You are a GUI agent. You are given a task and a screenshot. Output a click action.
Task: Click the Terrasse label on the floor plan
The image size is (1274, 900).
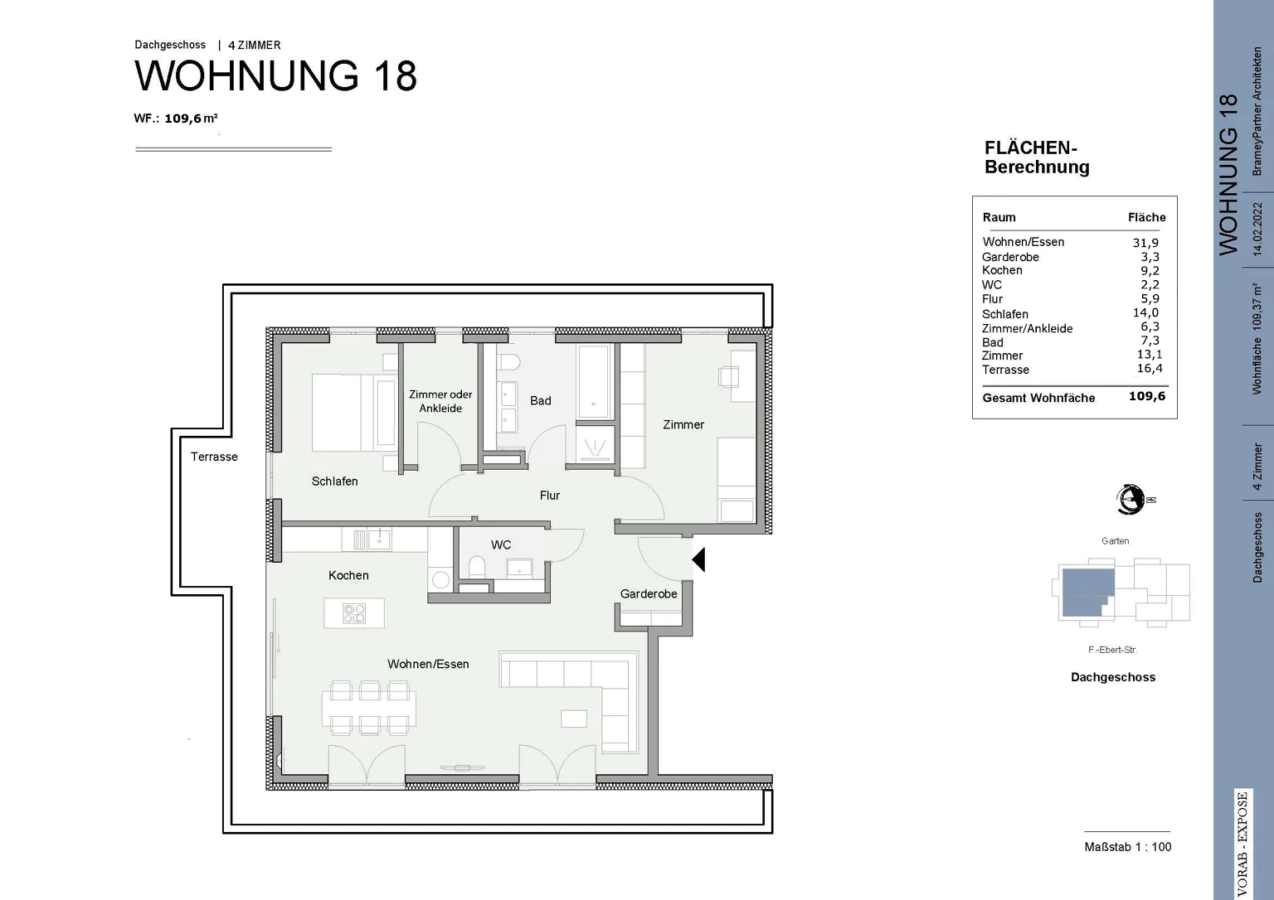pyautogui.click(x=214, y=457)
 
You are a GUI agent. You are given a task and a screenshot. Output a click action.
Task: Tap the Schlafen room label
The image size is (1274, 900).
pyautogui.click(x=334, y=481)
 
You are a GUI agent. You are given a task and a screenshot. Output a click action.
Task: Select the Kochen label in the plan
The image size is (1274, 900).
pyautogui.click(x=348, y=575)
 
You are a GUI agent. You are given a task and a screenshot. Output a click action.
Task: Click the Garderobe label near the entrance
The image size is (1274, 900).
pyautogui.click(x=649, y=593)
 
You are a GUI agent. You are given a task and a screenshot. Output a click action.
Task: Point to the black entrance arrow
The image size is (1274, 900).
pyautogui.click(x=698, y=559)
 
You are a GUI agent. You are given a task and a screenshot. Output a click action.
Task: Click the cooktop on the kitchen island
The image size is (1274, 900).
pyautogui.click(x=354, y=613)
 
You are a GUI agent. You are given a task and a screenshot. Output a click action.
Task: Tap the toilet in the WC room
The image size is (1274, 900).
pyautogui.click(x=477, y=567)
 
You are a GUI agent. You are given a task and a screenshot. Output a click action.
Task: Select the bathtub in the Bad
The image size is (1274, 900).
pyautogui.click(x=594, y=380)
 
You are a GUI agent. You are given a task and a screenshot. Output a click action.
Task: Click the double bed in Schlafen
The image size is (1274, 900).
pyautogui.click(x=353, y=413)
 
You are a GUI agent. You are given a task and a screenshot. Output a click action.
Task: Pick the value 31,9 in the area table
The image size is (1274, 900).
pyautogui.click(x=1145, y=243)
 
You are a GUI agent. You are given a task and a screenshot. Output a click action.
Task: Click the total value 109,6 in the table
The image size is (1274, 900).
pyautogui.click(x=1146, y=396)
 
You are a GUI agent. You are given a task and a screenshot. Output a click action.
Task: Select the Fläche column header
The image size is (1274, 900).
pyautogui.click(x=1146, y=217)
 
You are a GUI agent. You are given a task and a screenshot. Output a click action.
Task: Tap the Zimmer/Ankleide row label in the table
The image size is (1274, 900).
pyautogui.click(x=1027, y=328)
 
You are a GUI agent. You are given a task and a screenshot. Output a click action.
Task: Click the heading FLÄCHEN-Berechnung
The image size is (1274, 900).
pyautogui.click(x=1036, y=157)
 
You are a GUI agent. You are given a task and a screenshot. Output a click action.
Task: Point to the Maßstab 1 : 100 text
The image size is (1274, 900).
pyautogui.click(x=1127, y=846)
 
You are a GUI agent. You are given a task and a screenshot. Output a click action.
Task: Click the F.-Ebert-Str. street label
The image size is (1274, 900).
pyautogui.click(x=1112, y=650)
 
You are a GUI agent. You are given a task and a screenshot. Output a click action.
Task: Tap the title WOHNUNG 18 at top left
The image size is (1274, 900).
pyautogui.click(x=275, y=75)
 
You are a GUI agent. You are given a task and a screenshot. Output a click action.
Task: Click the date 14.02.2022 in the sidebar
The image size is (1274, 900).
pyautogui.click(x=1257, y=229)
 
